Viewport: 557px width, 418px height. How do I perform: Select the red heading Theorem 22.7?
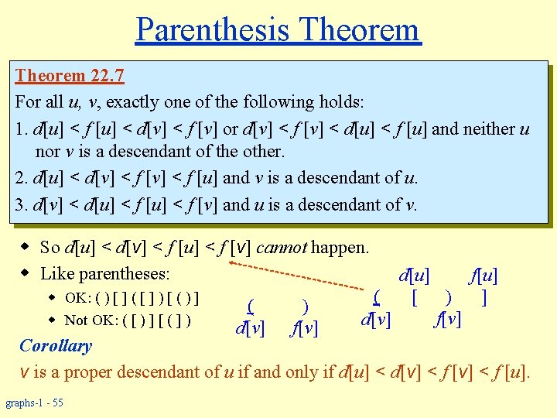70,76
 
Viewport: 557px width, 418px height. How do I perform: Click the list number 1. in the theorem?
21,129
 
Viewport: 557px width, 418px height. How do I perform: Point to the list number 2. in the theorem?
21,177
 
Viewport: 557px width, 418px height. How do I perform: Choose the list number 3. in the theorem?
21,204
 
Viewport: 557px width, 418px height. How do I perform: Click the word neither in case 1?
489,129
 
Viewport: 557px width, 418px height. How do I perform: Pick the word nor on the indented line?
48,151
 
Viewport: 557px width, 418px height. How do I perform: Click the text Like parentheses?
105,273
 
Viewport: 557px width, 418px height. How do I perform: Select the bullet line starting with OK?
132,298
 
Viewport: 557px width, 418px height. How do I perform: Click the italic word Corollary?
56,345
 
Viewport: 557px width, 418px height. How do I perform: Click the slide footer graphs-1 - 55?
35,403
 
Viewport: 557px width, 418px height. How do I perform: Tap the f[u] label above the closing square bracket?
484,275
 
